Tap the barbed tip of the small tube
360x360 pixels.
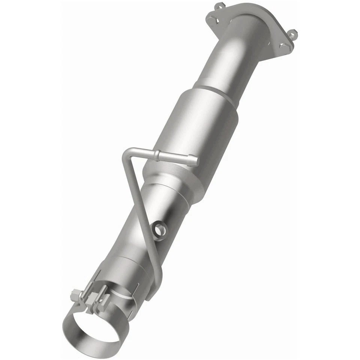pyautogui.click(x=195, y=161)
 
